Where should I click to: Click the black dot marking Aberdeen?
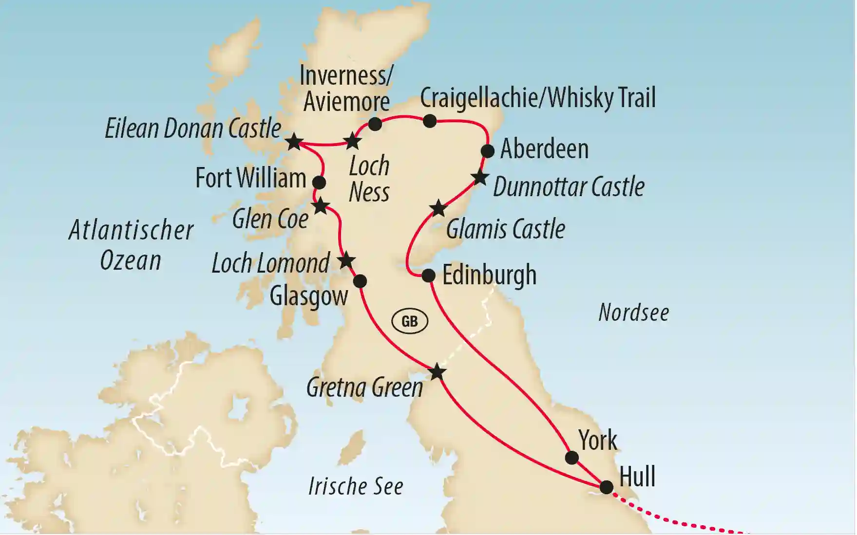pyautogui.click(x=488, y=151)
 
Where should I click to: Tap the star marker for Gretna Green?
pyautogui.click(x=437, y=372)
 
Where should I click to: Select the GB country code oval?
pyautogui.click(x=410, y=321)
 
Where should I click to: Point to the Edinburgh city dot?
pyautogui.click(x=428, y=276)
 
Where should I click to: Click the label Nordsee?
pyautogui.click(x=633, y=313)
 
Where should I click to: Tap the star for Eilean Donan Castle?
pyautogui.click(x=294, y=142)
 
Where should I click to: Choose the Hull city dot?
pyautogui.click(x=606, y=487)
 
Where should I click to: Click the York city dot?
pyautogui.click(x=571, y=458)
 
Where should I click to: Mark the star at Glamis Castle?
pyautogui.click(x=438, y=208)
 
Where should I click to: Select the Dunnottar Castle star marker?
pyautogui.click(x=480, y=178)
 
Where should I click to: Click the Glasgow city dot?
pyautogui.click(x=360, y=281)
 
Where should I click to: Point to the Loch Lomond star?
pyautogui.click(x=346, y=260)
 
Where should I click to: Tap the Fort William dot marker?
pyautogui.click(x=319, y=183)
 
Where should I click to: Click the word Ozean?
pyautogui.click(x=130, y=261)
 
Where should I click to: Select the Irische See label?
pyautogui.click(x=356, y=486)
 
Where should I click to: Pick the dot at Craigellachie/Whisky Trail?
pyautogui.click(x=429, y=121)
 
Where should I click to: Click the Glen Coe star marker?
pyautogui.click(x=321, y=206)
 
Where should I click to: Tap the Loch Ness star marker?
pyautogui.click(x=352, y=142)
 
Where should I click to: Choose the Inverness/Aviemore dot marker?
pyautogui.click(x=375, y=124)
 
